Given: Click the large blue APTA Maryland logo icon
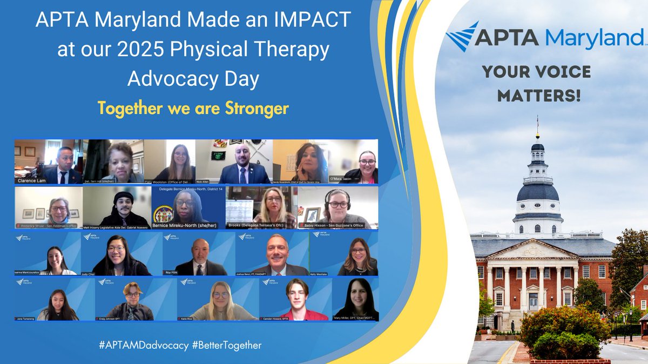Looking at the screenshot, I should [x=462, y=37].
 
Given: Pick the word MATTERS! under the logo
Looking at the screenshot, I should [x=539, y=96].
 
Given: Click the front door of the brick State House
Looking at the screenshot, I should [x=533, y=300].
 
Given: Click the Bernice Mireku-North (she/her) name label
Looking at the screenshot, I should [x=180, y=225].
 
